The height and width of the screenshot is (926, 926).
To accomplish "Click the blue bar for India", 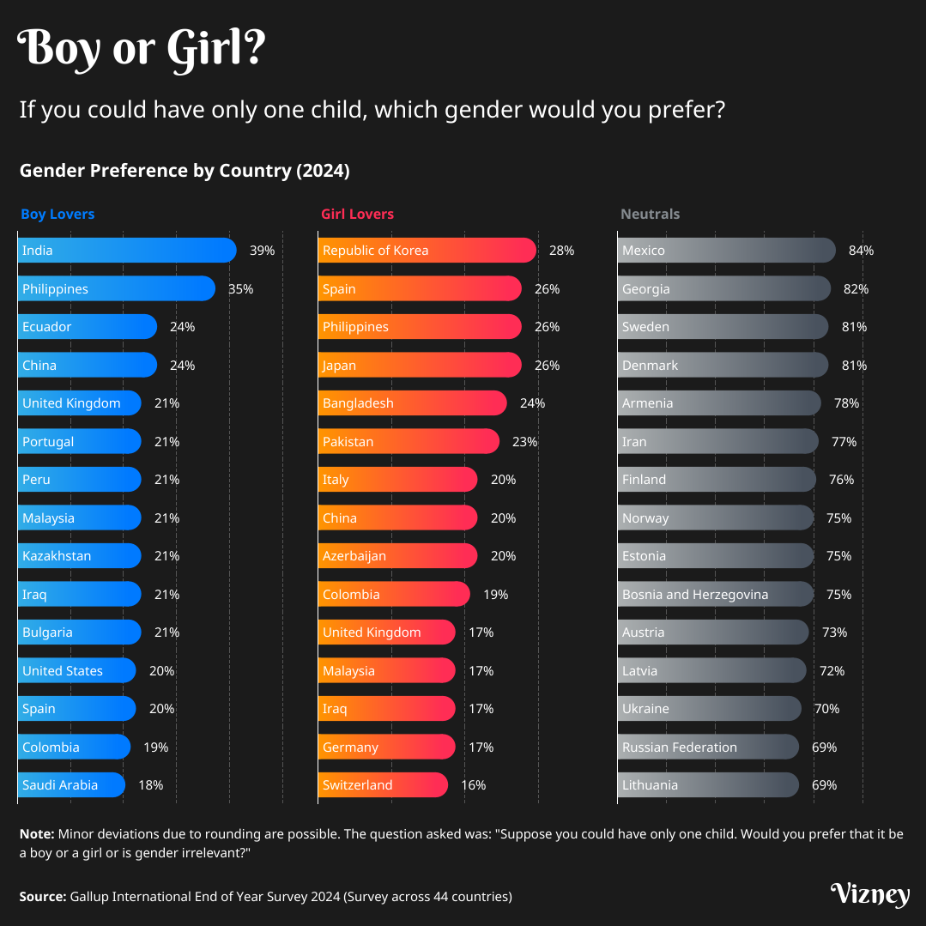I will pyautogui.click(x=127, y=251).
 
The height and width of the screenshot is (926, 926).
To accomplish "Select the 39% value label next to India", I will pyautogui.click(x=262, y=251).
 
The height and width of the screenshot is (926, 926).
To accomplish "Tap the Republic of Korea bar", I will pyautogui.click(x=427, y=251).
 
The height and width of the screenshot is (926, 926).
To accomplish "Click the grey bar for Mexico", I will pyautogui.click(x=726, y=251).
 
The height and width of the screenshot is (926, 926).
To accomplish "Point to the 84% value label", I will pyautogui.click(x=861, y=251).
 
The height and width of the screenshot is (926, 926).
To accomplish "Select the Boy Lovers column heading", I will pyautogui.click(x=57, y=214).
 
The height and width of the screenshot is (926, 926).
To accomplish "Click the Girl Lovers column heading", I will pyautogui.click(x=357, y=214).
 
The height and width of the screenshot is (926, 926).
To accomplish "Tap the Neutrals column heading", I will pyautogui.click(x=650, y=214).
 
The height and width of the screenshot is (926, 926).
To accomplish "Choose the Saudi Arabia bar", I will pyautogui.click(x=71, y=784).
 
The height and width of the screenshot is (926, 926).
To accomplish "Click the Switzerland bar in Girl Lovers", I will pyautogui.click(x=383, y=784).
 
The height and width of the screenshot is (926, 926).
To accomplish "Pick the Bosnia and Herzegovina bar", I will pyautogui.click(x=715, y=594).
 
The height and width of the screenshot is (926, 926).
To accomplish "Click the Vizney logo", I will pyautogui.click(x=869, y=894).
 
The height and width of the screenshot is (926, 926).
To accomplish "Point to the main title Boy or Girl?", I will pyautogui.click(x=142, y=49).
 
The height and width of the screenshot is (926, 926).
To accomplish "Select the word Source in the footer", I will pyautogui.click(x=42, y=897).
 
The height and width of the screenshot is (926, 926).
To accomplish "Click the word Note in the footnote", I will pyautogui.click(x=36, y=833).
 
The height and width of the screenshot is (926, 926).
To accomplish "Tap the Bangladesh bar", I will pyautogui.click(x=412, y=403).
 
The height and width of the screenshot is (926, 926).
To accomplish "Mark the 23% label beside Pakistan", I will pyautogui.click(x=524, y=442).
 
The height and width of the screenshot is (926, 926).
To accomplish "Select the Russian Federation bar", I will pyautogui.click(x=708, y=747).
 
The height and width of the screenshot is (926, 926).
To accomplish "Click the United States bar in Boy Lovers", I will pyautogui.click(x=76, y=670).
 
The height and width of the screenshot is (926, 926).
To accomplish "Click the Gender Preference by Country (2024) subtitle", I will pyautogui.click(x=185, y=171).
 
